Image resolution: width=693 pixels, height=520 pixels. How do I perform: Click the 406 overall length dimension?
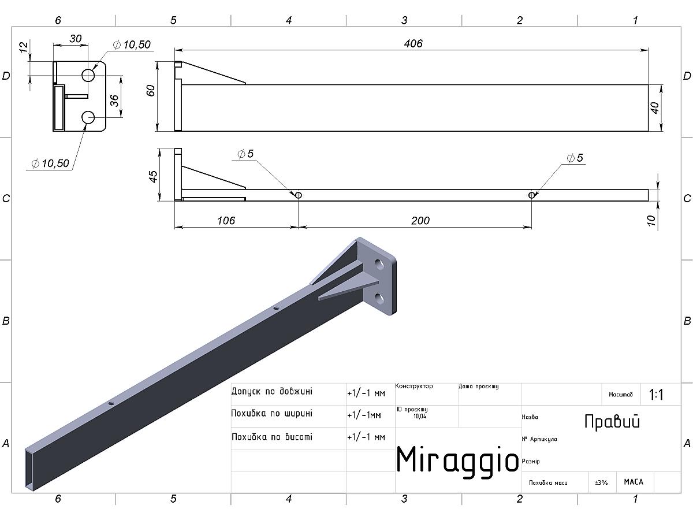pyautogui.click(x=413, y=43)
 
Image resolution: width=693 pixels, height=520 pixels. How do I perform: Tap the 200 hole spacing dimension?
pyautogui.click(x=420, y=220)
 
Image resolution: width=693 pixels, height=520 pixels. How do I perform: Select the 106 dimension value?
pyautogui.click(x=226, y=220)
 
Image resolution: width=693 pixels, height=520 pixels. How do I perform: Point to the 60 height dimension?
pyautogui.click(x=151, y=91)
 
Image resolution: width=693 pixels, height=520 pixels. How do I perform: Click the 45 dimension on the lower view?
pyautogui.click(x=153, y=176)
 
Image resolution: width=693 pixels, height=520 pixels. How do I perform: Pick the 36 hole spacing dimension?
pyautogui.click(x=114, y=101)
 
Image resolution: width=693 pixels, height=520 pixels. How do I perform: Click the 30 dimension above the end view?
pyautogui.click(x=76, y=39)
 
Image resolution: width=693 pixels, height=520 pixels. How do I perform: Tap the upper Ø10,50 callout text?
pyautogui.click(x=132, y=44)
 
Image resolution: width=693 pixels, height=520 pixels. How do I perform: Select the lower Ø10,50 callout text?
pyautogui.click(x=50, y=164)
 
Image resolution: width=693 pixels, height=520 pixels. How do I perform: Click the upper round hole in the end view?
pyautogui.click(x=88, y=75)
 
